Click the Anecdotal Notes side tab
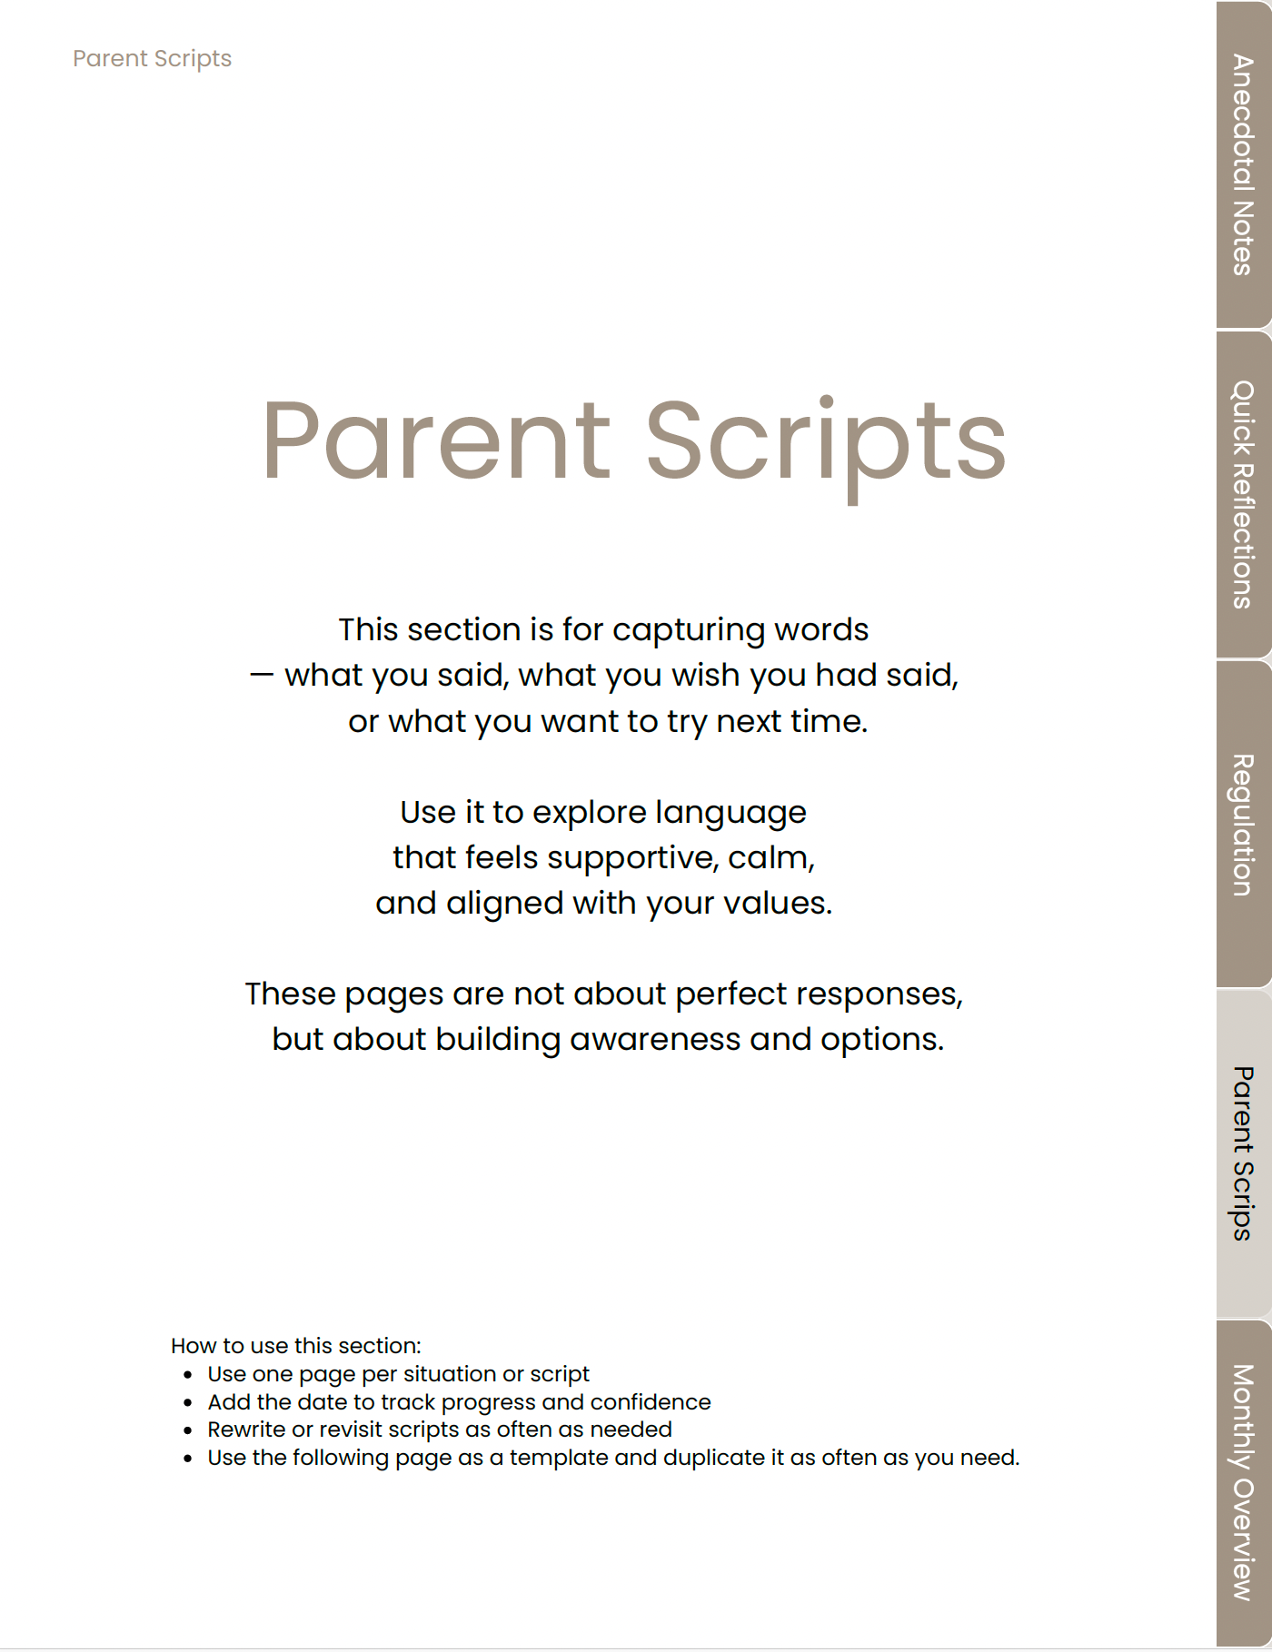coord(1243,164)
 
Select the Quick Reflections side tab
coord(1243,494)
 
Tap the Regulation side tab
coord(1243,825)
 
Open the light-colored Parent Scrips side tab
coord(1243,1153)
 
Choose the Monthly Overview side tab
coord(1243,1482)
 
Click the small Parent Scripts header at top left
coord(152,59)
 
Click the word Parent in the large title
coord(436,442)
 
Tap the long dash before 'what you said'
coord(261,676)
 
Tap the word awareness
coord(655,1040)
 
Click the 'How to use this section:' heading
coord(296,1346)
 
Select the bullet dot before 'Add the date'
coord(188,1403)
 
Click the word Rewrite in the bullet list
coord(245,1430)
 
